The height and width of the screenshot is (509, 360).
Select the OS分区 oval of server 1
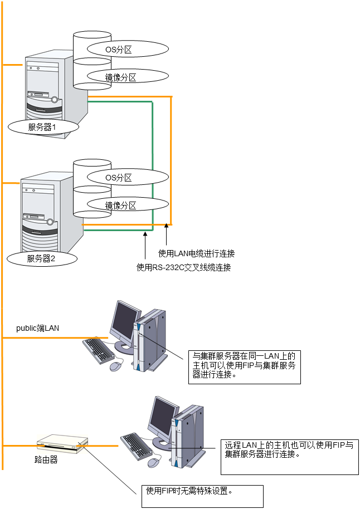pyautogui.click(x=120, y=49)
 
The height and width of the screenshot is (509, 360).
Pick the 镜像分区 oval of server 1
pyautogui.click(x=120, y=77)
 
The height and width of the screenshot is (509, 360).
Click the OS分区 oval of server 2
pyautogui.click(x=120, y=178)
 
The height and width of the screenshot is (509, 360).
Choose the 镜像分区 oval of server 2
pyautogui.click(x=120, y=205)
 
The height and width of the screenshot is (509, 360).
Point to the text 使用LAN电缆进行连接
pyautogui.click(x=196, y=253)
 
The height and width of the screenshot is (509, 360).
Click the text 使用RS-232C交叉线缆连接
pyautogui.click(x=183, y=267)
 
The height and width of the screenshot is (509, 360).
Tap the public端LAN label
pyautogui.click(x=37, y=328)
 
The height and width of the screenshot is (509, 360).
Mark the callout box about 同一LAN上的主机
pyautogui.click(x=245, y=366)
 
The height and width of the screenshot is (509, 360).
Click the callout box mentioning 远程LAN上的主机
pyautogui.click(x=289, y=456)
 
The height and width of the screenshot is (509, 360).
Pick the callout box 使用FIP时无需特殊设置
pyautogui.click(x=202, y=496)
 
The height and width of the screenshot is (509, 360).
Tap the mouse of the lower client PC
pyautogui.click(x=154, y=462)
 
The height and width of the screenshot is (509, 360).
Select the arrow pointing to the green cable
pyautogui.click(x=145, y=244)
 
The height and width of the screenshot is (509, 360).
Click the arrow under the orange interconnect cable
pyautogui.click(x=166, y=234)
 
